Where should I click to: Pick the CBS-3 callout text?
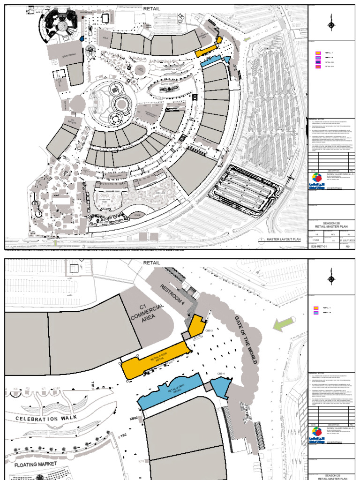[x=209, y=331]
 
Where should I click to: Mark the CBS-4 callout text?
[x=221, y=374]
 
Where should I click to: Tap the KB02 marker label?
[x=134, y=418]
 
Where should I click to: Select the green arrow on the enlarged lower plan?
[x=283, y=324]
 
